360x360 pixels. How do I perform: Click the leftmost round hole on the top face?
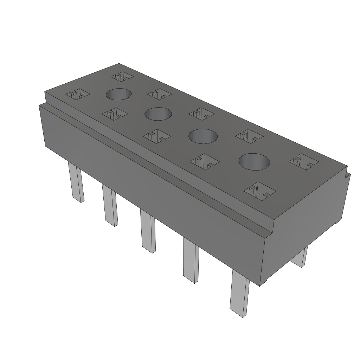118,94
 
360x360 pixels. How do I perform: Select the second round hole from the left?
158,114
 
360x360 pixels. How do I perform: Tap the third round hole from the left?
203,136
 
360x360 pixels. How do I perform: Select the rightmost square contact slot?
303,160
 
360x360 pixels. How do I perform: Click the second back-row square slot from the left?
159,94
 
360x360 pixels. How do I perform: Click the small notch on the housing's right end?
348,175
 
